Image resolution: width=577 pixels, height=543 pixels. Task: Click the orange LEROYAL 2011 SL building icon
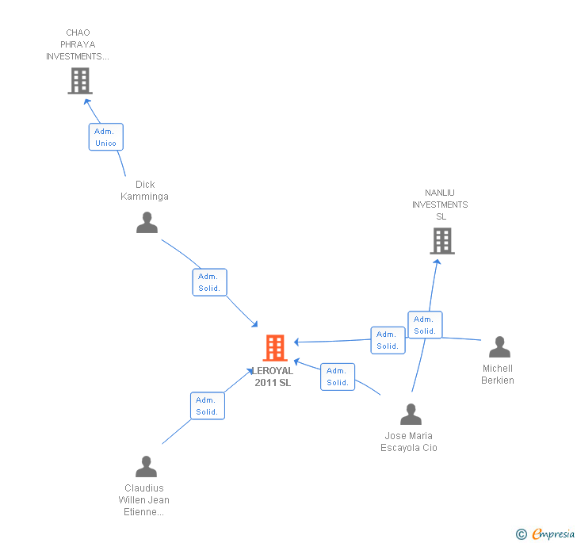[x=274, y=348]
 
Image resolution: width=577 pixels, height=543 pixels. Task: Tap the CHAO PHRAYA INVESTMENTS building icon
[x=79, y=81]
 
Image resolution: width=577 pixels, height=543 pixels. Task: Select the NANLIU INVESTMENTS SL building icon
[x=442, y=241]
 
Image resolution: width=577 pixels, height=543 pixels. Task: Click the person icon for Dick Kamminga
[x=147, y=223]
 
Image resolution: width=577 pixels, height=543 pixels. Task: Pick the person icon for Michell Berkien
[x=499, y=347]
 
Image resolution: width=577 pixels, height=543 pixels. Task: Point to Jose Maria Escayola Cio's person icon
[x=411, y=415]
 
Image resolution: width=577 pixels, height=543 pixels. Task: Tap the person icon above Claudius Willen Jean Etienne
[x=146, y=467]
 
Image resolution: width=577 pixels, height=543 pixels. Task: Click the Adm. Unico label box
[x=105, y=137]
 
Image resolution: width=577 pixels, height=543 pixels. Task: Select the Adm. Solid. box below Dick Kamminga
[x=209, y=282]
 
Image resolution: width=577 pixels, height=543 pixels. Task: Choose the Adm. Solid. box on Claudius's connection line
[x=207, y=406]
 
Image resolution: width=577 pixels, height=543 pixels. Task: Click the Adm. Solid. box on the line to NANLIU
[x=425, y=325]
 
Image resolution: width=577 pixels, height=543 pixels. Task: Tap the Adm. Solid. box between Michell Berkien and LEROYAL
[x=388, y=340]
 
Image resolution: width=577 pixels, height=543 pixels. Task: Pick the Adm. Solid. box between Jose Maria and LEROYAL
[x=338, y=377]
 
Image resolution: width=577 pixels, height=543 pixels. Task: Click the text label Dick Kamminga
[x=144, y=191]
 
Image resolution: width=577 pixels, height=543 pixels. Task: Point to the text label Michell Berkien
[x=498, y=374]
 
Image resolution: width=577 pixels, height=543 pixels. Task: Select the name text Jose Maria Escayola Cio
[x=409, y=442]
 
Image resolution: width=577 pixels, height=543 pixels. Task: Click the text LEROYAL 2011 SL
[x=273, y=377]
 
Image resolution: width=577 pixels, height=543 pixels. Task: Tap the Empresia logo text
[x=553, y=533]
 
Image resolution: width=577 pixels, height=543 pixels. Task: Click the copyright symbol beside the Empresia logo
[x=521, y=534]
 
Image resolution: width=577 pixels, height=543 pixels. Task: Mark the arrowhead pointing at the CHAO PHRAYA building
[x=88, y=101]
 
